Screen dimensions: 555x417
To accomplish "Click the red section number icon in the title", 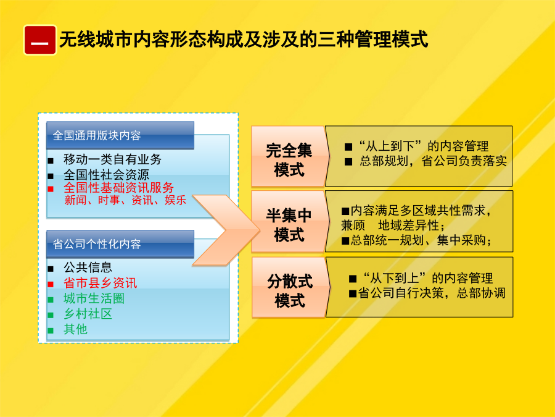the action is tap(39, 40).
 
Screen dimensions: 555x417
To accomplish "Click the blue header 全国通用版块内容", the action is tap(120, 135).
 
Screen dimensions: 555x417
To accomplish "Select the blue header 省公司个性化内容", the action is tap(120, 244).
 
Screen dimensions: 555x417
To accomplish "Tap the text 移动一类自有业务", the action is tap(112, 159).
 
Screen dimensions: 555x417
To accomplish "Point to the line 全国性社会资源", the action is tap(106, 174).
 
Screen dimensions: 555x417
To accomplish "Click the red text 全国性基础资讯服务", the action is tap(118, 187).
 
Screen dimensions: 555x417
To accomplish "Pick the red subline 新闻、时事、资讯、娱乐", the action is tap(125, 200).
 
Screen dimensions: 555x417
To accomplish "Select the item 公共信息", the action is tap(88, 267).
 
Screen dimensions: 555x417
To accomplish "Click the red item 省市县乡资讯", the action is tap(100, 282).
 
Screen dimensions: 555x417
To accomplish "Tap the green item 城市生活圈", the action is tap(94, 298).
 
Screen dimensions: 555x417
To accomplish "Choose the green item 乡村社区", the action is tap(88, 314).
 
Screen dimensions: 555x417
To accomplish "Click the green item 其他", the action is tap(75, 329).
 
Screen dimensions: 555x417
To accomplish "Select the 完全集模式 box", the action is tap(289, 156).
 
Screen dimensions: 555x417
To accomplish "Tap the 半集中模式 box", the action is tap(289, 222).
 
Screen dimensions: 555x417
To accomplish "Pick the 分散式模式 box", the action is tap(289, 287).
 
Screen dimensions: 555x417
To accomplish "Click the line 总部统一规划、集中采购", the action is tap(417, 240).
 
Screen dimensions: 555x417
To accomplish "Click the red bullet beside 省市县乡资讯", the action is tap(51, 284).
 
